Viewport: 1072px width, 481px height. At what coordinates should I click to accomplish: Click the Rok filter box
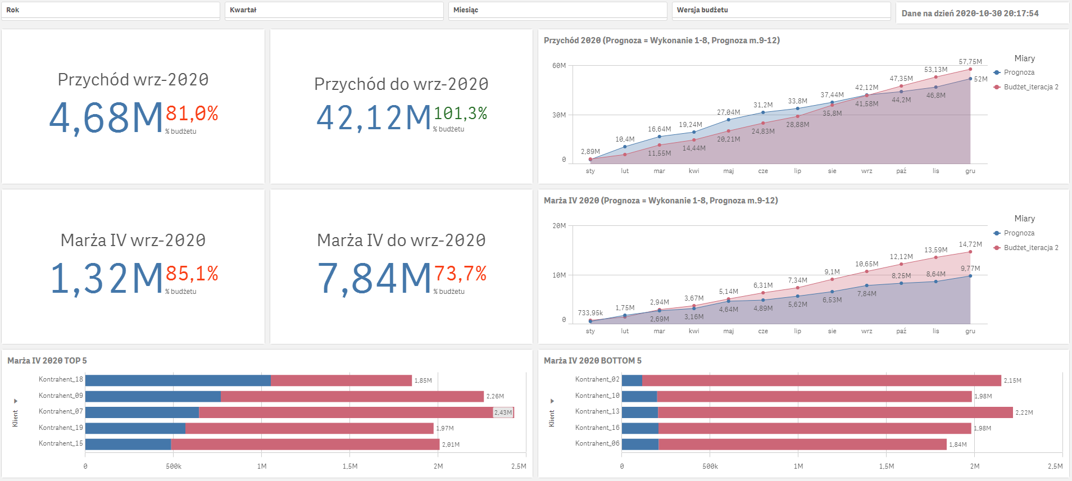pos(110,10)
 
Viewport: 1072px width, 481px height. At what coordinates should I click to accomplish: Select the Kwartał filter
pos(334,10)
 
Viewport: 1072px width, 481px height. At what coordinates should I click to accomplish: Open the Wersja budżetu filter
pos(781,10)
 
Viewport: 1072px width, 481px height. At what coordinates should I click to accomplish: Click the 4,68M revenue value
pos(106,118)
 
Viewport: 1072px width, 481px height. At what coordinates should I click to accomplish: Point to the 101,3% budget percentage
pos(460,114)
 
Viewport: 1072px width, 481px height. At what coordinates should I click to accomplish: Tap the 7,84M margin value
pos(374,278)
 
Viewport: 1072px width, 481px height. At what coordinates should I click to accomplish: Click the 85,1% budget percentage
pos(192,274)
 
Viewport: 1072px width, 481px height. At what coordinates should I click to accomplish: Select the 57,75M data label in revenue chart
pos(970,62)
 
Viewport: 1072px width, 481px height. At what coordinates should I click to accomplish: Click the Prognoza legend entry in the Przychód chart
pos(1019,72)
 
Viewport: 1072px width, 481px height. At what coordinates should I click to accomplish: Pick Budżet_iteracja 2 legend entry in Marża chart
pos(1030,248)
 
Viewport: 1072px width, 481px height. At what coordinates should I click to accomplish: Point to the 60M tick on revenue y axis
pos(559,66)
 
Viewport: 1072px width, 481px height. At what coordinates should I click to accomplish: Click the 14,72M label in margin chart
pos(970,244)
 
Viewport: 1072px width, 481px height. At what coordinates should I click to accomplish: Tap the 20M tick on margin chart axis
pos(559,226)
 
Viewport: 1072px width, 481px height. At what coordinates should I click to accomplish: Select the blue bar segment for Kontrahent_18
pos(178,380)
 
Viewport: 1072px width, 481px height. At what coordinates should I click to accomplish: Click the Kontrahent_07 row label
pos(61,412)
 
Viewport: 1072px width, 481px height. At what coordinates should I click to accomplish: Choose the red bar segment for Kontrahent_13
pos(835,412)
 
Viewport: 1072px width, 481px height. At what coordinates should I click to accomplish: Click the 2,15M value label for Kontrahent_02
pos(1012,381)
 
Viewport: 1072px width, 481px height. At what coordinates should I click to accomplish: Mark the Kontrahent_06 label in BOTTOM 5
pos(597,444)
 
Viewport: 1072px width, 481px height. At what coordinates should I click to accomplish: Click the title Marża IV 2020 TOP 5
pos(47,361)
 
